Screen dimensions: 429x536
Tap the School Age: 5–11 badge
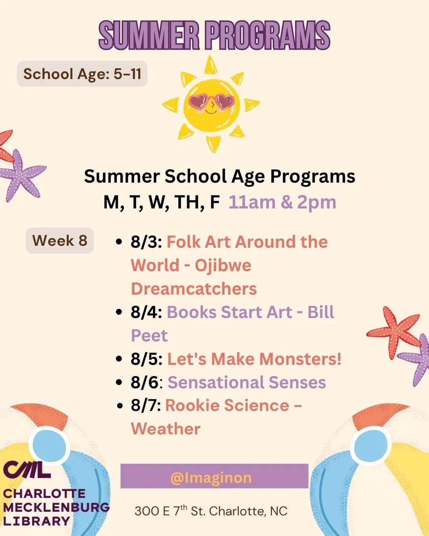coord(82,74)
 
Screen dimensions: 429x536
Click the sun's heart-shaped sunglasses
coord(211,102)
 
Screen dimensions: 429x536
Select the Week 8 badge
coord(60,241)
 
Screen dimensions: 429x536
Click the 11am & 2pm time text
coord(282,202)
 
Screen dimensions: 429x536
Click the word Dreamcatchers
coord(194,289)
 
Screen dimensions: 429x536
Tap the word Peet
coord(149,336)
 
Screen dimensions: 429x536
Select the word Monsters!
coord(300,359)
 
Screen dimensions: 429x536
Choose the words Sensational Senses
coord(247,383)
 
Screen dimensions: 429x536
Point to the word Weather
coord(166,429)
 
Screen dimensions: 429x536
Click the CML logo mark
coord(27,470)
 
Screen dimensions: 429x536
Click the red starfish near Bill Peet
coord(393,332)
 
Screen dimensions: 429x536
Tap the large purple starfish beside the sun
coord(21,175)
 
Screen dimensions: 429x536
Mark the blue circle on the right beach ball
coord(371,445)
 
